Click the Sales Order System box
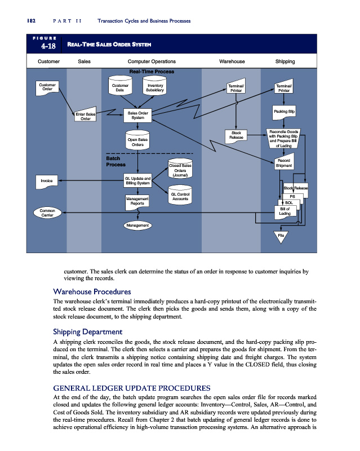[137, 116]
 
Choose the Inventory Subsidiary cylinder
[154, 87]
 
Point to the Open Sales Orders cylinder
[137, 142]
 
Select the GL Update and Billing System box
[137, 180]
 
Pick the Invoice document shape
[47, 181]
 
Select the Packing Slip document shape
[285, 112]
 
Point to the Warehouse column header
[232, 61]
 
